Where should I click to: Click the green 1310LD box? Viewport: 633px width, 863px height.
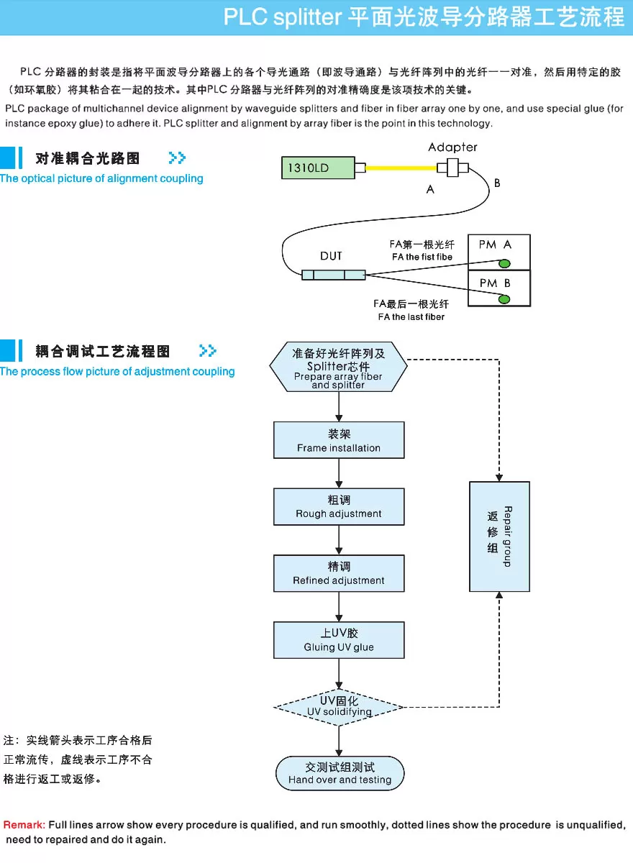317,168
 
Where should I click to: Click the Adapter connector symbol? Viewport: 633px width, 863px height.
453,168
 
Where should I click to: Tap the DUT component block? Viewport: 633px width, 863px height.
333,274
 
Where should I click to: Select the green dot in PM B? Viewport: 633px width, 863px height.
505,298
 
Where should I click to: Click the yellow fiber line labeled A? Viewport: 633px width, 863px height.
401,169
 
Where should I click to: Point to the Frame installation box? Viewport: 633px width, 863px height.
339,440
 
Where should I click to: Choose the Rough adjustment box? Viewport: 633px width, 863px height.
339,506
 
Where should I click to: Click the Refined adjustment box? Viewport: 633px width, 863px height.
339,573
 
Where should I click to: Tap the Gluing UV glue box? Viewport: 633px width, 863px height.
339,640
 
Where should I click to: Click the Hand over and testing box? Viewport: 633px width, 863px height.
340,773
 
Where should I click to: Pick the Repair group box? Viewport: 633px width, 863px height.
499,536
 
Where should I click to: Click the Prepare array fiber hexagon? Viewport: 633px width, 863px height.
338,366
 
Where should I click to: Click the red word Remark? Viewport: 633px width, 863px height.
24,825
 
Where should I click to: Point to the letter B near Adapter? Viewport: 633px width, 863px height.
497,184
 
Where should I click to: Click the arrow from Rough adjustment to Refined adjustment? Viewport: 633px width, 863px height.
339,539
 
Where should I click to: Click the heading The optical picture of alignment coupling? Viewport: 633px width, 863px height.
101,178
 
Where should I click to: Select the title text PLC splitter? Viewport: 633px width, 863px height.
282,17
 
